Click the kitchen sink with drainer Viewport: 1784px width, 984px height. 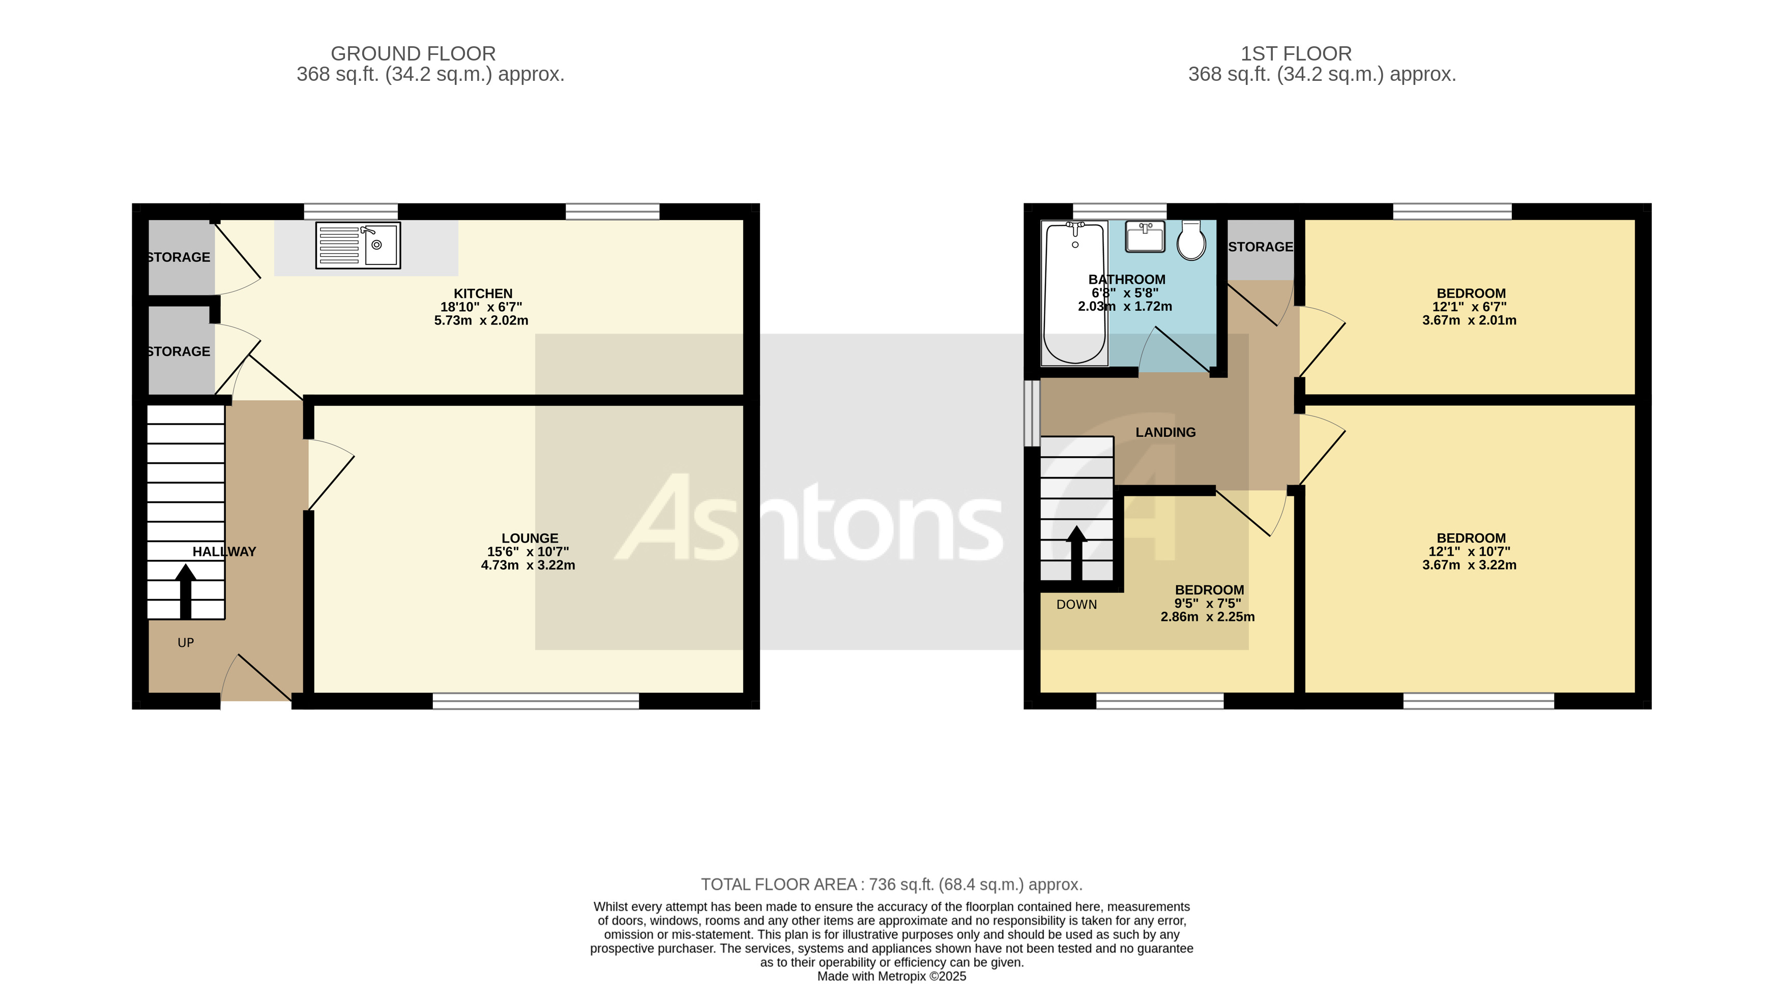[x=357, y=245]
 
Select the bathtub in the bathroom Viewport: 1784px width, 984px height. [x=1074, y=293]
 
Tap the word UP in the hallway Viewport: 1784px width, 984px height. [x=186, y=643]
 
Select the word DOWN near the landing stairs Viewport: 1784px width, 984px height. [x=1076, y=605]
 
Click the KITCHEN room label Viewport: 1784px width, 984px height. [x=483, y=293]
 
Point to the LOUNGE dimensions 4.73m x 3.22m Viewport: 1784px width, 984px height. [x=528, y=565]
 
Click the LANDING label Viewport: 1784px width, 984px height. [x=1165, y=432]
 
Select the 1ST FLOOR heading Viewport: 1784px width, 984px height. [x=1296, y=53]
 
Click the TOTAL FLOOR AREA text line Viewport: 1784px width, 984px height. [x=891, y=884]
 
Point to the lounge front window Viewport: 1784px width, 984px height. [x=535, y=701]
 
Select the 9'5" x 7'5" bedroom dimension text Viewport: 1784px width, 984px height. [x=1208, y=603]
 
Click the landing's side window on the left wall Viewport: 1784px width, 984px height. [x=1032, y=413]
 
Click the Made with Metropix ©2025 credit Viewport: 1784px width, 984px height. [x=891, y=976]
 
